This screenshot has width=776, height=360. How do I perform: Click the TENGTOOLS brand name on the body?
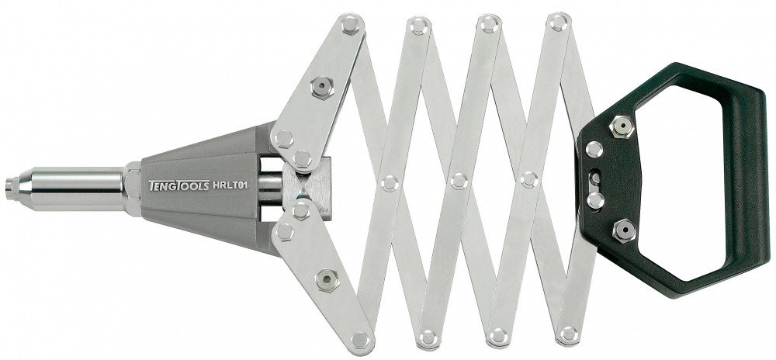point(178,185)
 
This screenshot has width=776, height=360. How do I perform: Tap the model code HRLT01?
point(230,185)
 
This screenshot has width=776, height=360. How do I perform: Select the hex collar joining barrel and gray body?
point(133,189)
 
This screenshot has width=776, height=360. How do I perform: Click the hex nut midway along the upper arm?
point(322,87)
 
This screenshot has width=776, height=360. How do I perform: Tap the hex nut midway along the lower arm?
point(327,280)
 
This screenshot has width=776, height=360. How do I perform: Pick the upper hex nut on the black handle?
point(622,127)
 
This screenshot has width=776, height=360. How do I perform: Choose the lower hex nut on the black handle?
point(624,230)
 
